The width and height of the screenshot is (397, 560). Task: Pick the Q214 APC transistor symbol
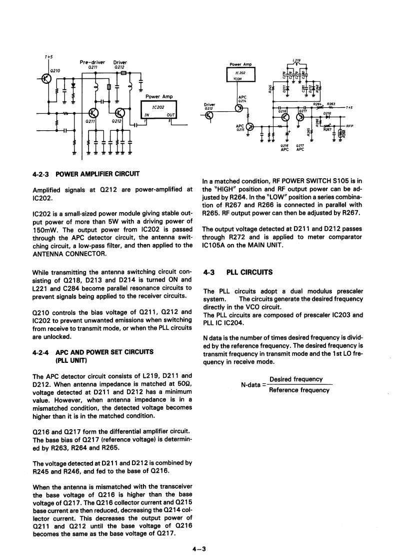coord(240,108)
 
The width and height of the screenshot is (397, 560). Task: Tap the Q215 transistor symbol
coord(248,127)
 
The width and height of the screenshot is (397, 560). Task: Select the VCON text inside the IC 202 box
coord(241,78)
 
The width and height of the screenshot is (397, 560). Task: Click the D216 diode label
coord(327,113)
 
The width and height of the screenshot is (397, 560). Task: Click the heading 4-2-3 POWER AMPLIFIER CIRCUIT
coord(85,174)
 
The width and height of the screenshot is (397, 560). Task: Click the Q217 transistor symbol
coord(300,117)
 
